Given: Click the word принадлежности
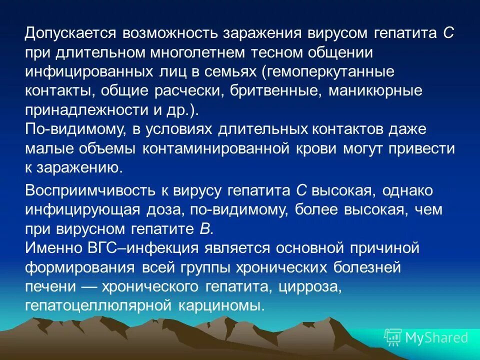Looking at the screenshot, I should [x=82, y=109].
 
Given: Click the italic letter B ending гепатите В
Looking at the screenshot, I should [x=208, y=229].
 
